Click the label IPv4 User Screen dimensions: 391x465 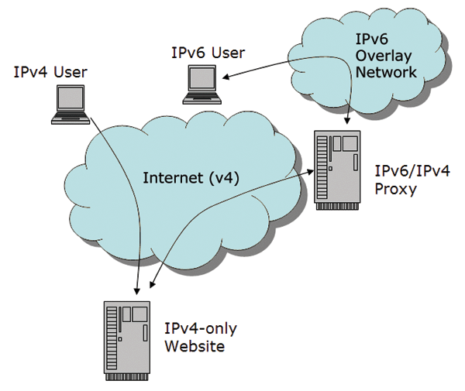50,72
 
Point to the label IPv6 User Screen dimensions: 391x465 208,53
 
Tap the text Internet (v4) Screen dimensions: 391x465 191,177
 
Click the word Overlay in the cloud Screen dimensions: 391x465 384,57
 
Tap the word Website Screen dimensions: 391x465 195,346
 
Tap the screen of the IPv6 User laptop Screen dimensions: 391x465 199,77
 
